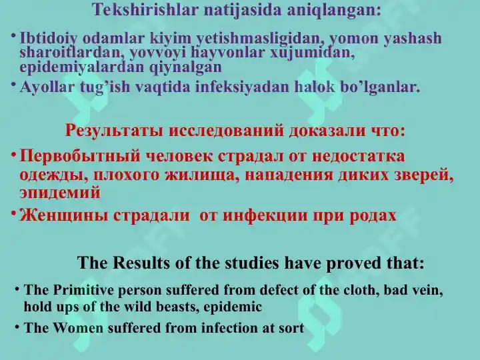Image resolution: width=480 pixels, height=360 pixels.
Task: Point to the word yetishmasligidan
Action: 262,39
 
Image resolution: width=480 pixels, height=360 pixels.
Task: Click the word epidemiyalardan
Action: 81,67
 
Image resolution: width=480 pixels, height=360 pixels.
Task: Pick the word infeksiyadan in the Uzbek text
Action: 242,87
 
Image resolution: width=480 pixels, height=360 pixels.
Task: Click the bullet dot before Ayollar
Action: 13,84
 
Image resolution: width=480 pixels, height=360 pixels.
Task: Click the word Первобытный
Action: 79,156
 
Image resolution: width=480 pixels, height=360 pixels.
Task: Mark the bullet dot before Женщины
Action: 13,212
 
